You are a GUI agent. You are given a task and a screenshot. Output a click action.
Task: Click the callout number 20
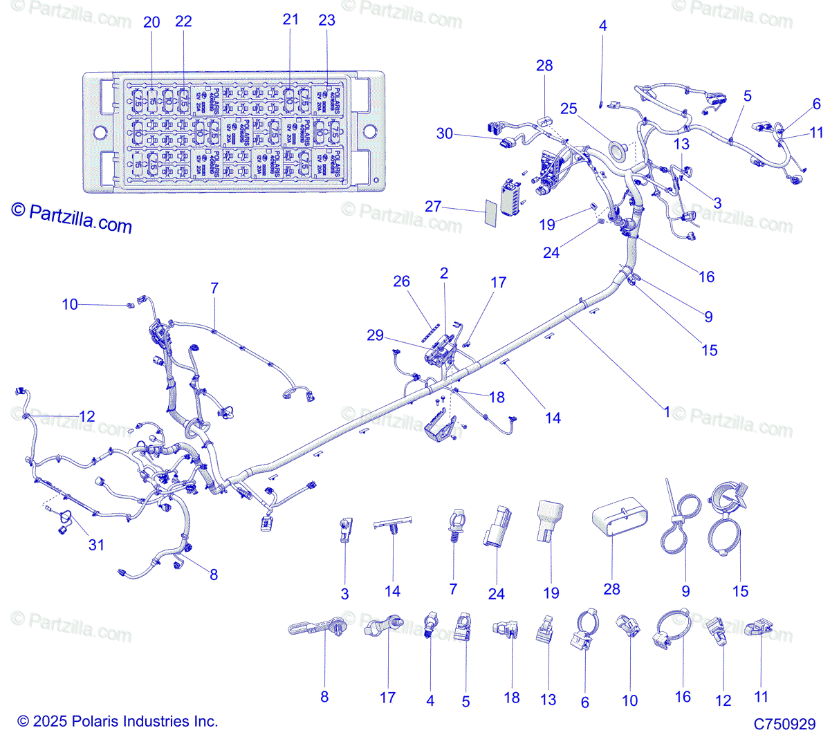pyautogui.click(x=151, y=22)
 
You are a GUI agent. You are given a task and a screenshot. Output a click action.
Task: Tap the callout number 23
pyautogui.click(x=326, y=20)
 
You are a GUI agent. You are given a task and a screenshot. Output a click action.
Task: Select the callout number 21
pyautogui.click(x=290, y=19)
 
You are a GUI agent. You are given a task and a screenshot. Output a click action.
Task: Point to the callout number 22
pyautogui.click(x=183, y=22)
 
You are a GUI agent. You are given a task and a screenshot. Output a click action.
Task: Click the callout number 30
pyautogui.click(x=445, y=133)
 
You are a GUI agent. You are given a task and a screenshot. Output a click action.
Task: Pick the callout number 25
pyautogui.click(x=569, y=109)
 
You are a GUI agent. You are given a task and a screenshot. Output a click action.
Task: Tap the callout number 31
pyautogui.click(x=96, y=545)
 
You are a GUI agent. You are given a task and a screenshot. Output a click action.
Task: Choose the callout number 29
pyautogui.click(x=375, y=335)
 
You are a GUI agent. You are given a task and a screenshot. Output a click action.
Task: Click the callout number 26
pyautogui.click(x=401, y=281)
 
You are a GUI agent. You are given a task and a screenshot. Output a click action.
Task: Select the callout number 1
pyautogui.click(x=667, y=412)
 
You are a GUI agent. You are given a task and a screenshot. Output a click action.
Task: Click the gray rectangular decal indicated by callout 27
pyautogui.click(x=489, y=214)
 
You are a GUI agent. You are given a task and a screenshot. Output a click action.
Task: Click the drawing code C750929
pyautogui.click(x=784, y=724)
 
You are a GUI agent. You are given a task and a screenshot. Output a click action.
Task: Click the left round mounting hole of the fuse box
pyautogui.click(x=100, y=131)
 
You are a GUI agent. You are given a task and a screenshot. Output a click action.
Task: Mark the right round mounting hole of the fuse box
pyautogui.click(x=369, y=131)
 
